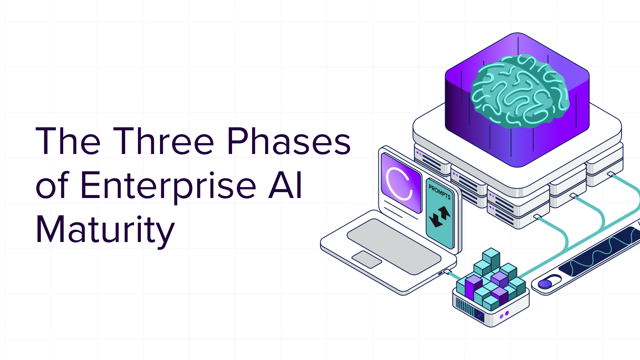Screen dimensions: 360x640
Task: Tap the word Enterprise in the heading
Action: (168, 186)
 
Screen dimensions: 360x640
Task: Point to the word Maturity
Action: (105, 230)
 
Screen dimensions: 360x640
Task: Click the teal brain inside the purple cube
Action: (519, 92)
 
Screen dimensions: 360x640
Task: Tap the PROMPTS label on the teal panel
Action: (440, 192)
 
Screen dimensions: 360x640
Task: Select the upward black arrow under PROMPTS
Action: (444, 212)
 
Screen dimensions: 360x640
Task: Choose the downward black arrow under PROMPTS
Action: (435, 220)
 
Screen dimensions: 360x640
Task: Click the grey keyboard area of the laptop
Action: (394, 245)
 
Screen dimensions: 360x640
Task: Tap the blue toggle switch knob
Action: (544, 284)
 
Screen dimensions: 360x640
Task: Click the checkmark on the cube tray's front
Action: (479, 316)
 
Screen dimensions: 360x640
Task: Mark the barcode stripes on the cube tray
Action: (464, 308)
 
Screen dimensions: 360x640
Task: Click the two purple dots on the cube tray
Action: (504, 315)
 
